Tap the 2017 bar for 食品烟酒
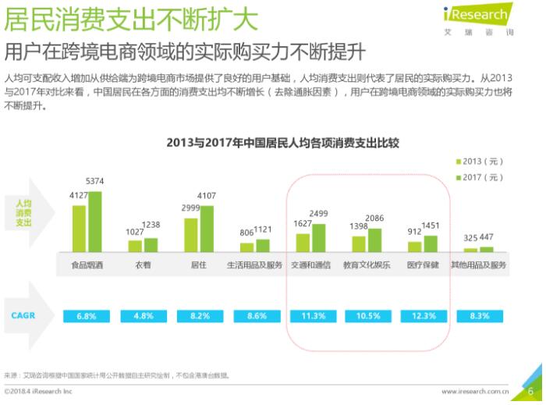pyautogui.click(x=94, y=221)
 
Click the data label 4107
pyautogui.click(x=207, y=195)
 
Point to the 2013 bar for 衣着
pyautogui.click(x=136, y=244)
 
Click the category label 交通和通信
pyautogui.click(x=310, y=265)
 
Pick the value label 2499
pyautogui.click(x=319, y=214)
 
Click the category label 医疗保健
pyautogui.click(x=422, y=265)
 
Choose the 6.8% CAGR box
pyautogui.click(x=87, y=316)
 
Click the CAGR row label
pyautogui.click(x=23, y=315)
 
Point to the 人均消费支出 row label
pyautogui.click(x=23, y=212)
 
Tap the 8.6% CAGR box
pyautogui.click(x=254, y=316)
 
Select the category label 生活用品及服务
pyautogui.click(x=254, y=265)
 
